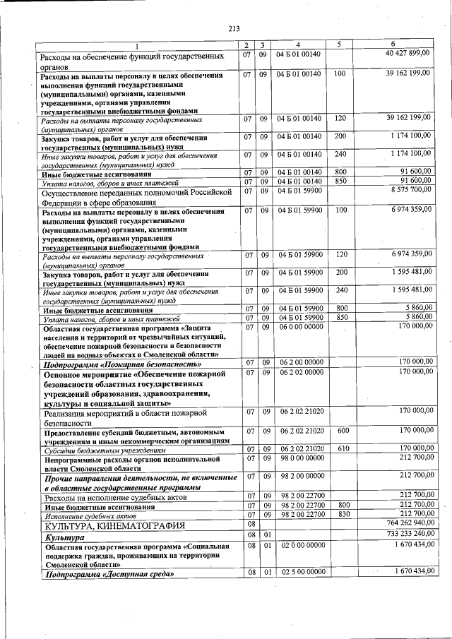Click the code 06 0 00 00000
[x=301, y=327]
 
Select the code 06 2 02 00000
[x=301, y=371]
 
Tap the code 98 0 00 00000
[x=301, y=458]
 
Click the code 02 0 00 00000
[x=301, y=546]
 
